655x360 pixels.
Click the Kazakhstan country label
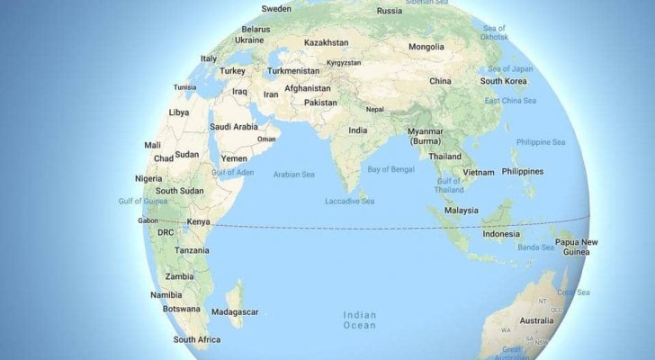point(326,42)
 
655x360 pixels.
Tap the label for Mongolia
point(426,47)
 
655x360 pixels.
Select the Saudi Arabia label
point(233,127)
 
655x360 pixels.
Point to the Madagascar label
point(234,311)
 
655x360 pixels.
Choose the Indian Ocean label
point(361,320)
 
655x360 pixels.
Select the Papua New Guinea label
point(576,247)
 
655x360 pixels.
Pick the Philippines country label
point(523,171)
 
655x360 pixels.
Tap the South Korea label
point(503,81)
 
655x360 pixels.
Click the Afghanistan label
point(308,88)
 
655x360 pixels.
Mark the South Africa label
point(197,339)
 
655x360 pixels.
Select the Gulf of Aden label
point(232,171)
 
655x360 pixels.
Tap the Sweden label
point(276,9)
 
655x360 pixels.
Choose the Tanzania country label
point(193,250)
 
